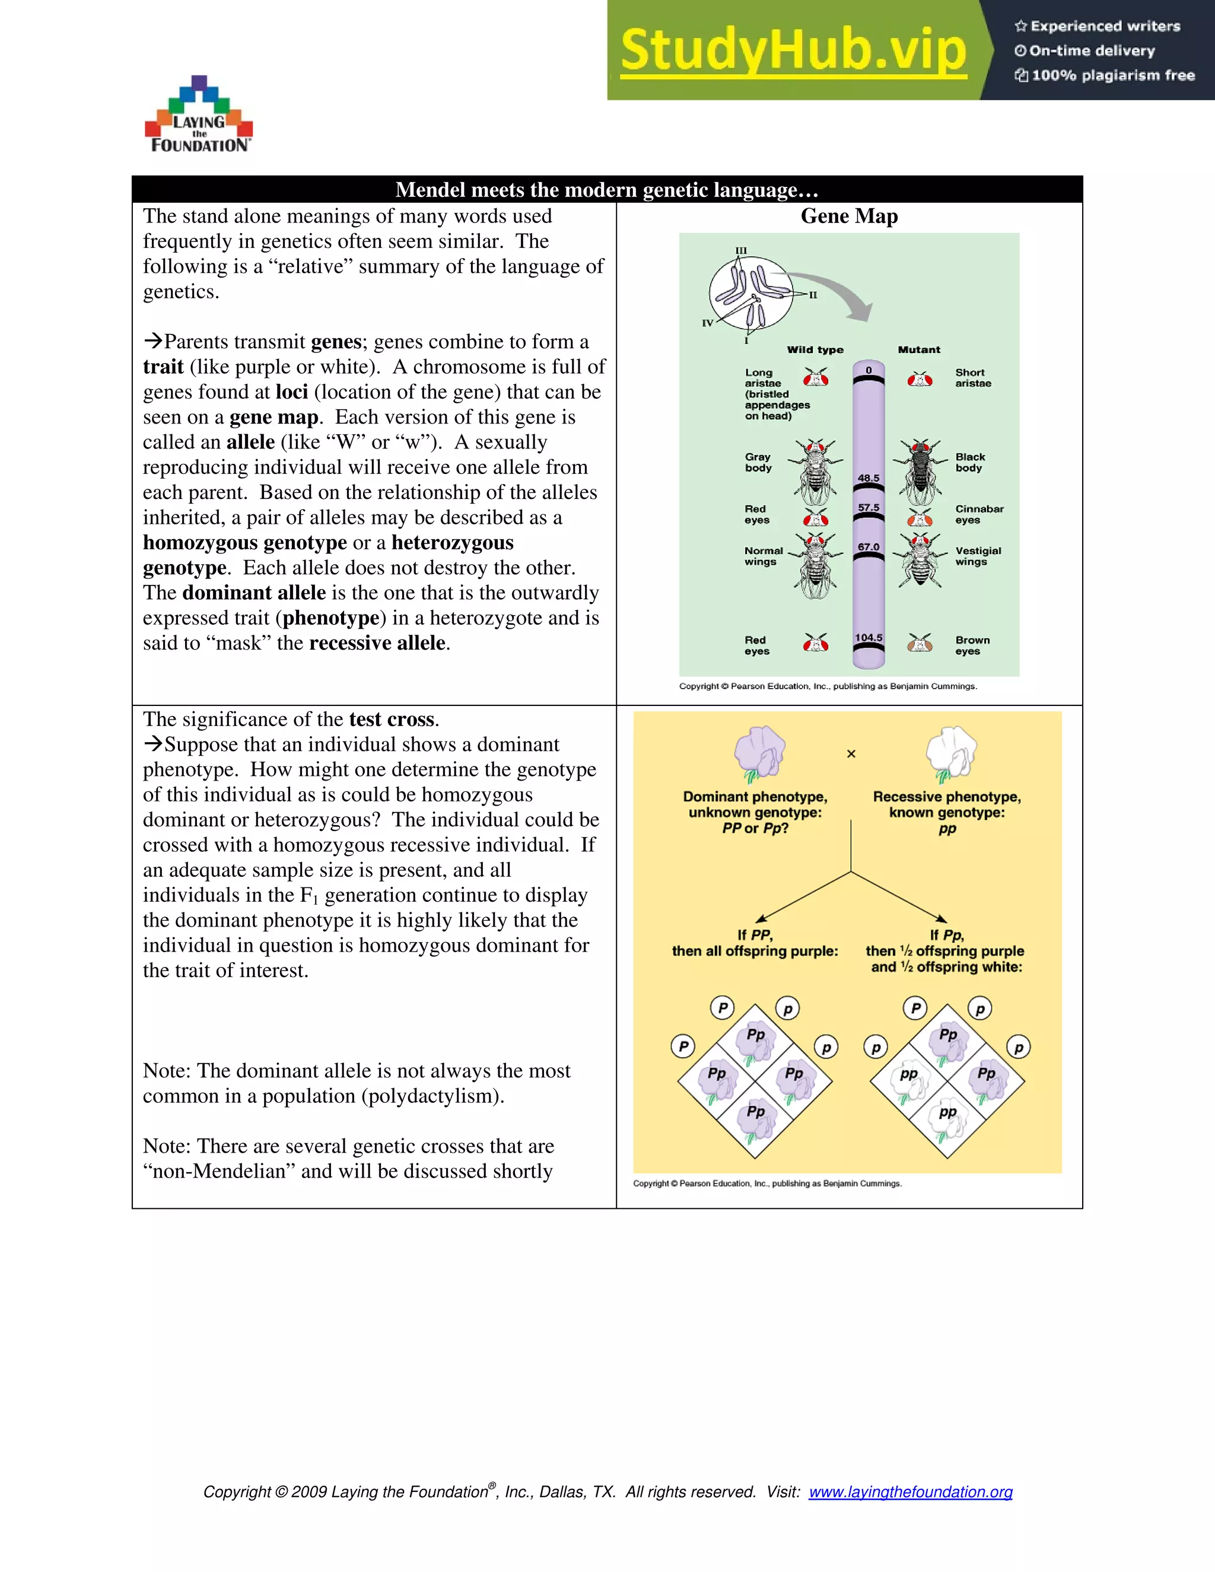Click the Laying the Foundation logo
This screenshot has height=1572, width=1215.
(199, 115)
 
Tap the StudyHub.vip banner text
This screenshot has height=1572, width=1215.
(793, 50)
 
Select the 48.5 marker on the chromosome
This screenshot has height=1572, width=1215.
(868, 478)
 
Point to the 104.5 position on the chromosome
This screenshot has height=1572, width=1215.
(868, 638)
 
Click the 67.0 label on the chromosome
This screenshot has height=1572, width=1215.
(868, 547)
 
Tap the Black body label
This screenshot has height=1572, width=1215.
(969, 462)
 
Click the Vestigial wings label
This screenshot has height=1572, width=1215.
(978, 556)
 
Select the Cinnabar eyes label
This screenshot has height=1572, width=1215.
(978, 514)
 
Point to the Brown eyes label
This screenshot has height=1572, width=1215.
(972, 645)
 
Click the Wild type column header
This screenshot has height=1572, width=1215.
(815, 350)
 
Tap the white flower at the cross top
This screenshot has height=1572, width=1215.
(950, 752)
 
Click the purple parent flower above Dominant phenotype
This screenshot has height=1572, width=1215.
(759, 752)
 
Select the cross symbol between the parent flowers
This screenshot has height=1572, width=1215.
(851, 753)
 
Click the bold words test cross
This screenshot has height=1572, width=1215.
(392, 720)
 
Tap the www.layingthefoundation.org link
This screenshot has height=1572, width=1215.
(910, 1492)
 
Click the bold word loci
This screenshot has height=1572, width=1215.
(291, 392)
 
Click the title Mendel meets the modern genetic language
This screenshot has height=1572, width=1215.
(607, 190)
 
